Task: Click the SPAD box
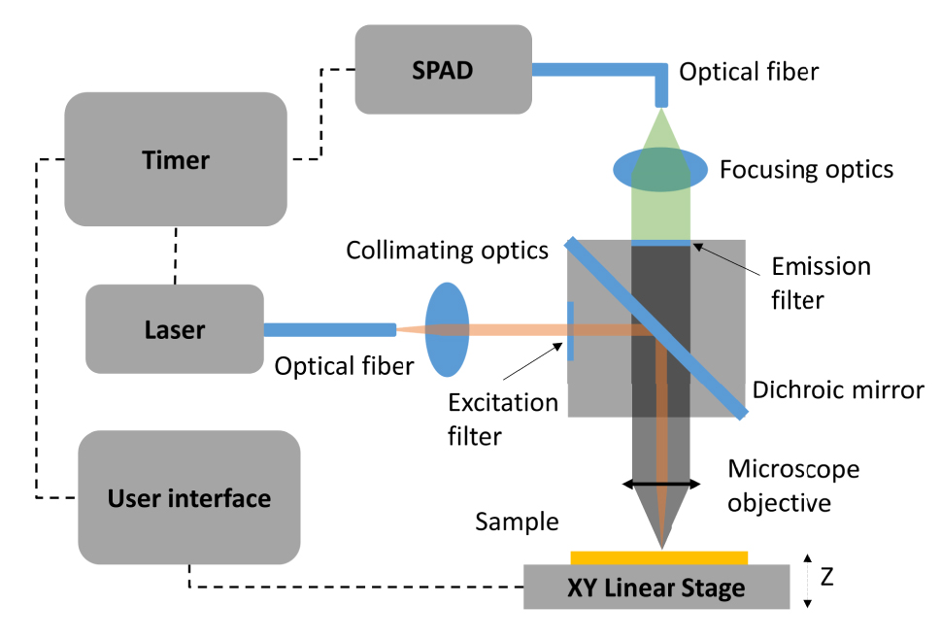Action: (443, 69)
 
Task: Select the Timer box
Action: (175, 159)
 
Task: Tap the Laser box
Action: (175, 329)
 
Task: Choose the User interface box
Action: (188, 498)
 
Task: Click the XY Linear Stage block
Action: (656, 587)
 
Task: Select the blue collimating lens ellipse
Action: (447, 329)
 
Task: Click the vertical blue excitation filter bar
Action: (570, 331)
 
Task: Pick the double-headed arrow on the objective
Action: (660, 483)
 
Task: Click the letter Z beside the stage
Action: (826, 578)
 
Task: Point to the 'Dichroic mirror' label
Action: (838, 391)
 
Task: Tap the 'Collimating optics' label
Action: (448, 251)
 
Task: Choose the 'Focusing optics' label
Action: (806, 170)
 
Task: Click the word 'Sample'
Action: (517, 522)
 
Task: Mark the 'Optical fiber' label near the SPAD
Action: (749, 72)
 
